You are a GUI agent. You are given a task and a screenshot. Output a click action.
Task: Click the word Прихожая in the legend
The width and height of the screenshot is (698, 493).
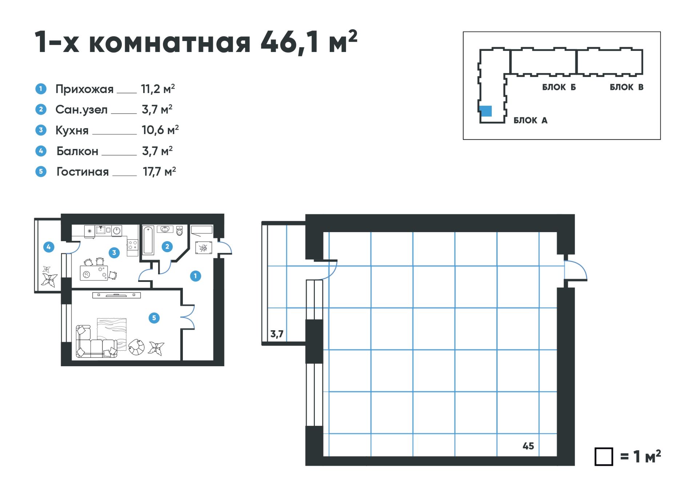point(84,89)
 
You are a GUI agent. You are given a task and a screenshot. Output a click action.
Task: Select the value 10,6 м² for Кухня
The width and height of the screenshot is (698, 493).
point(160,130)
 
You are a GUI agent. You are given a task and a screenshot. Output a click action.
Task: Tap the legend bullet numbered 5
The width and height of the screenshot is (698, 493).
point(41,171)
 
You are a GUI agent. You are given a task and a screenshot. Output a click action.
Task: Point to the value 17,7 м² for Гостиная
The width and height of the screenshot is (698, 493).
point(159,171)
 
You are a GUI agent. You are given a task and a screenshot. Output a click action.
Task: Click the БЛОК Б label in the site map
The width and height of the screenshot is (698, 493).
point(559,87)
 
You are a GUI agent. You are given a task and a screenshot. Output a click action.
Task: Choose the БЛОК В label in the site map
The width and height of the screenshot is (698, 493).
point(626,87)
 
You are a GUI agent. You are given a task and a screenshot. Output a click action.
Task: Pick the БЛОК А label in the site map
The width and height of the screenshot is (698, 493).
point(530,120)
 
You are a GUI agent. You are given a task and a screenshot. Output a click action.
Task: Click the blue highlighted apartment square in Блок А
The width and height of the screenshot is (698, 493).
point(486,111)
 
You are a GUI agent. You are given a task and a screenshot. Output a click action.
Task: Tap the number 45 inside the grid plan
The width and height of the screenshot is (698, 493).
point(528,446)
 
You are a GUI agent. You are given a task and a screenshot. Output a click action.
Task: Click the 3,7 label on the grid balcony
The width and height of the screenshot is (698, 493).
point(277,334)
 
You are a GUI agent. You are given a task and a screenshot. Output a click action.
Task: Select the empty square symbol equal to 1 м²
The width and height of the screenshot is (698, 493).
point(603,456)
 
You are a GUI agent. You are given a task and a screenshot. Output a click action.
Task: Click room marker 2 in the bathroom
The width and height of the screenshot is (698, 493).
point(167,247)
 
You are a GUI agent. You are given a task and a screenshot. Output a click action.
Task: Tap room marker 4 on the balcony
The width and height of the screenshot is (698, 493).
point(49,247)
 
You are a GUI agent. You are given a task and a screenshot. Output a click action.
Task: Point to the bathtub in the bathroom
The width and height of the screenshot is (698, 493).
point(148,240)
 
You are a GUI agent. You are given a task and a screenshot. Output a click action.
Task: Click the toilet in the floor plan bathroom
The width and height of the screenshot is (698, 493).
point(180,230)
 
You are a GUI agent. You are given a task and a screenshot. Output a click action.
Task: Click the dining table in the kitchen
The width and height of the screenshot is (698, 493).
point(94,273)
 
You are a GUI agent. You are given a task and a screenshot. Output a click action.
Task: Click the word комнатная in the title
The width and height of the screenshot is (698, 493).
point(170,43)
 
